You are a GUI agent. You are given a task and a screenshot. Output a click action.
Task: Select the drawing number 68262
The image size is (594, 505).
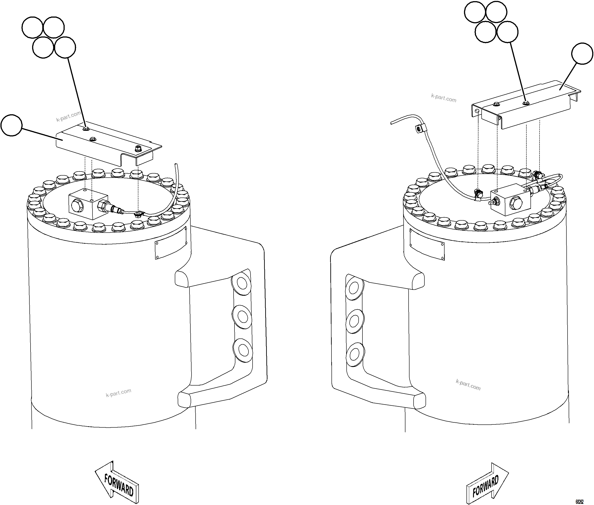579,502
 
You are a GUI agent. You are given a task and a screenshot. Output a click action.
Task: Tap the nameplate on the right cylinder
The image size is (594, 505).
427,245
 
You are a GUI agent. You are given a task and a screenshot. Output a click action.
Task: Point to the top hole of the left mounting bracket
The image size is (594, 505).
242,284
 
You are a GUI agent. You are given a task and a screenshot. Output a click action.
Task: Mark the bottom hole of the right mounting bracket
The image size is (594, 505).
355,355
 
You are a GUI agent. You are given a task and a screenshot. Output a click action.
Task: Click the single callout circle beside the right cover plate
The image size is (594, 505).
582,54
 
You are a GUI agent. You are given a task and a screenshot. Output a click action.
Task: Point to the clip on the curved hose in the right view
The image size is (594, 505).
419,129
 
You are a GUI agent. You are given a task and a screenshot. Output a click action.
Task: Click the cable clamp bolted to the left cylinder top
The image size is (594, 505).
138,214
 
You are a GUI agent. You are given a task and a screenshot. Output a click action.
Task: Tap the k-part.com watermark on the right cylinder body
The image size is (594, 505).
468,385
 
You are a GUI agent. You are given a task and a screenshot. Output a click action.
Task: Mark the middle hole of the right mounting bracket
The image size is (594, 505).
355,322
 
